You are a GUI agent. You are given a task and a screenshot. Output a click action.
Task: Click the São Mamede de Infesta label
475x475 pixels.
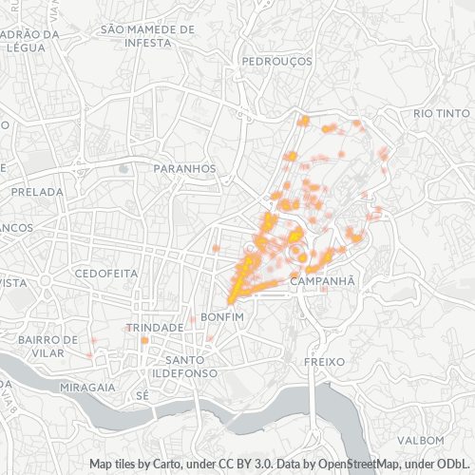coord(146,35)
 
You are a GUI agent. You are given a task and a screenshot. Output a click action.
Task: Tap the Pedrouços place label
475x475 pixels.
coord(276,60)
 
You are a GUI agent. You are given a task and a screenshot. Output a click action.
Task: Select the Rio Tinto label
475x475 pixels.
coord(442,114)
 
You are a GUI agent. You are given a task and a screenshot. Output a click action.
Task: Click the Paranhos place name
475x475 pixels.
coord(184,168)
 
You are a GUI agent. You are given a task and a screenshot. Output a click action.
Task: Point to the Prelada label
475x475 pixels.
coord(36,191)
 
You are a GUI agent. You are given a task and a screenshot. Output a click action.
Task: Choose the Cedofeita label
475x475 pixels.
coord(105,273)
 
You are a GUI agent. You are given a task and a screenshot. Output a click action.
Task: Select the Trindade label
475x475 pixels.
coord(155,327)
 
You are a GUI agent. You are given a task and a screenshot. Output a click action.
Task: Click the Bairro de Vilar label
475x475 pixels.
coord(47,346)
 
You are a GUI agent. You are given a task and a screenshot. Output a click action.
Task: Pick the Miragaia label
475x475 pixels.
coord(86,389)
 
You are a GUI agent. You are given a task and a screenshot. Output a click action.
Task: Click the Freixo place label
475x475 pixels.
coord(322,363)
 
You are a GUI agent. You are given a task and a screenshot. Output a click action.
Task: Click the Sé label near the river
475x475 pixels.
coord(143,394)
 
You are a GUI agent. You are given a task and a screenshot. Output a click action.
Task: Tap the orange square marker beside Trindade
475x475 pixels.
coord(144,340)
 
